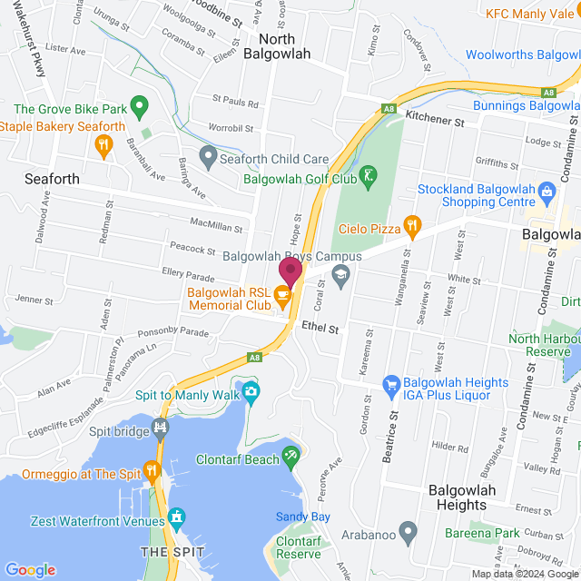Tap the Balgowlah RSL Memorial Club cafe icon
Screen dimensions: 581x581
(x=282, y=293)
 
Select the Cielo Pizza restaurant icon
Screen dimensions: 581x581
(x=412, y=223)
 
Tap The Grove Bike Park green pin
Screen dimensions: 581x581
(x=139, y=108)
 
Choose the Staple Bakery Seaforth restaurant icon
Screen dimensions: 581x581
(x=105, y=143)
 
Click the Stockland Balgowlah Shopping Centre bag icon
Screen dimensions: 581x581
(x=547, y=191)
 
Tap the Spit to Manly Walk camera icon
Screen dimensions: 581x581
(x=251, y=392)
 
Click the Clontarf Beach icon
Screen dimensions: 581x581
(x=291, y=456)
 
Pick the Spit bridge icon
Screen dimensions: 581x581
(x=162, y=428)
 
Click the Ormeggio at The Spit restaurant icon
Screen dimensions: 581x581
(x=152, y=470)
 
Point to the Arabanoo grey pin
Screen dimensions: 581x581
(x=409, y=529)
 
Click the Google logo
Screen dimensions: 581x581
(x=31, y=569)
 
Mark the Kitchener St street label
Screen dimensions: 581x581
(x=435, y=119)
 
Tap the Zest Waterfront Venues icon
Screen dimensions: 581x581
(x=176, y=518)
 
